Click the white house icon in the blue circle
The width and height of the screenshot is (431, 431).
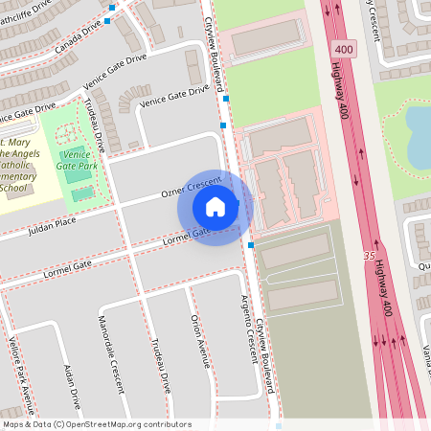pos(215,206)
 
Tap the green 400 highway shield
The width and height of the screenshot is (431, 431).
pos(342,48)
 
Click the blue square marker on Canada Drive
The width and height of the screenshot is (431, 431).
pos(111,8)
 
